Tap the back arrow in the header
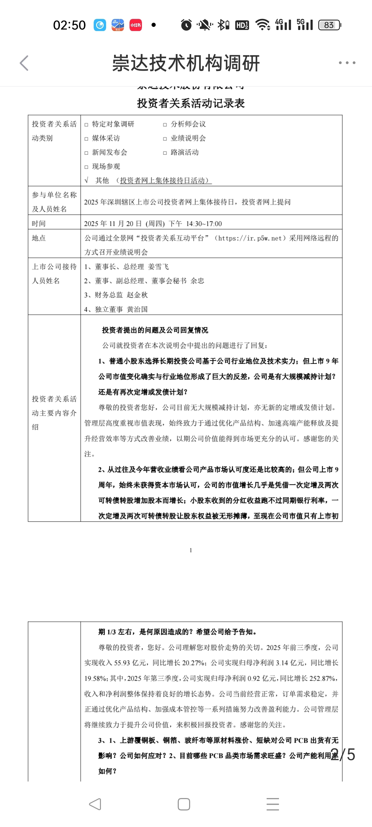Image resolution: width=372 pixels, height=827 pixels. [24, 63]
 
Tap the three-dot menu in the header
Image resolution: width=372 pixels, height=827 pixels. [347, 63]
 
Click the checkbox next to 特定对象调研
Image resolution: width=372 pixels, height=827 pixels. [86, 125]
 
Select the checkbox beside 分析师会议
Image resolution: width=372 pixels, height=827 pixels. [165, 125]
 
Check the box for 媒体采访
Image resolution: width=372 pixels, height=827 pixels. [86, 139]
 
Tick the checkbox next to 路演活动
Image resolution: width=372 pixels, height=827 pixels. [165, 153]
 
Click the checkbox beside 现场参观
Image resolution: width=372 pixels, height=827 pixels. [86, 167]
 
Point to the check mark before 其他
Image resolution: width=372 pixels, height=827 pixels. [86, 180]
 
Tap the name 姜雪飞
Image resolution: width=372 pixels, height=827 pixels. [158, 267]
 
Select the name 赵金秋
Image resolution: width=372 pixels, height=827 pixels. [137, 295]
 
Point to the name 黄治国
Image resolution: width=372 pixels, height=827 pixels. [137, 309]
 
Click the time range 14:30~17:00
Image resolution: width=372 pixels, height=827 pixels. [204, 224]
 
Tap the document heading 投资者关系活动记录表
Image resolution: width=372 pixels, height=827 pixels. [191, 103]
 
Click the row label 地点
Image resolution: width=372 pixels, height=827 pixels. [39, 238]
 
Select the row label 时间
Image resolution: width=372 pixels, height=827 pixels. [39, 224]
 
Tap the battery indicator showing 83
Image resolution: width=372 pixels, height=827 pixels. [329, 25]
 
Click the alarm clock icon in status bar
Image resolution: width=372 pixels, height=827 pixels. [186, 25]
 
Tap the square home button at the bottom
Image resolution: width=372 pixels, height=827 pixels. [184, 804]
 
